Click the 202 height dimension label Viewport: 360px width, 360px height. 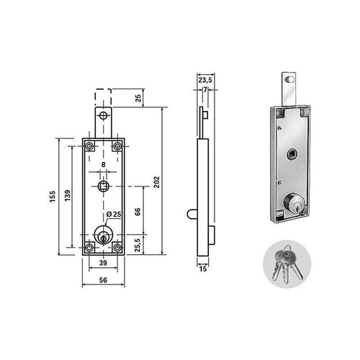point(156,182)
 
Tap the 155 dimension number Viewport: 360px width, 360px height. point(53,197)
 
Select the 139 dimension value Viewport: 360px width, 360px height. point(68,196)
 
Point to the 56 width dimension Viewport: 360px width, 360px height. point(103,280)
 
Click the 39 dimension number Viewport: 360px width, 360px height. point(103,263)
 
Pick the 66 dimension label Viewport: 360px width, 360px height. point(138,212)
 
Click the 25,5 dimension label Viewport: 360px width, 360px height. point(138,245)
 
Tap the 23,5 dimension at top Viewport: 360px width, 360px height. point(205,80)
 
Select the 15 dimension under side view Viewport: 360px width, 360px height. point(203,269)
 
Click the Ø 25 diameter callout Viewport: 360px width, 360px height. point(114,214)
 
